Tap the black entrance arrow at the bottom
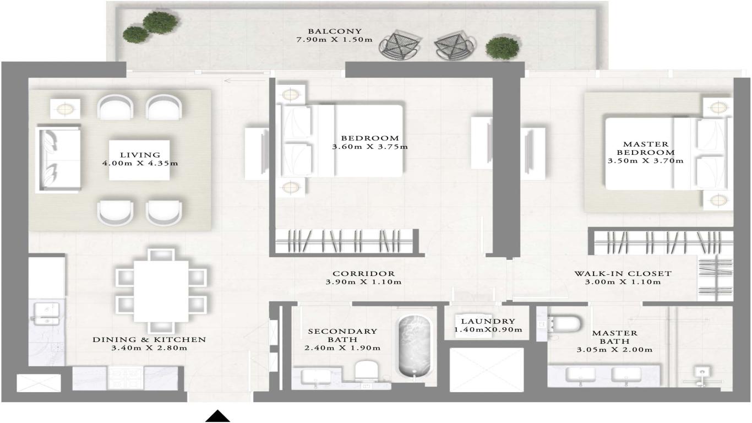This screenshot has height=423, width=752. (217, 416)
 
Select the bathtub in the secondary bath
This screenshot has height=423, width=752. (415, 346)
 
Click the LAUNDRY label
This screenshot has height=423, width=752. (488, 321)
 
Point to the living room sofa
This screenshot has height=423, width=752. (58, 159)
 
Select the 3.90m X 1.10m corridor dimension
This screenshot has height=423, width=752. (363, 282)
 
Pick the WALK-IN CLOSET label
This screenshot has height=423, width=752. (623, 273)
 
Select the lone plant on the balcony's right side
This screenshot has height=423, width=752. (498, 48)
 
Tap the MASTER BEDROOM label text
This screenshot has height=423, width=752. (645, 148)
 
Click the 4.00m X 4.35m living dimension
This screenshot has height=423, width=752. (140, 164)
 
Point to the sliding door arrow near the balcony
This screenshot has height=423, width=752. (236, 82)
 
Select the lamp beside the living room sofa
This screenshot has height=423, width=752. (65, 109)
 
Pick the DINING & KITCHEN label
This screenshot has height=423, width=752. (149, 340)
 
